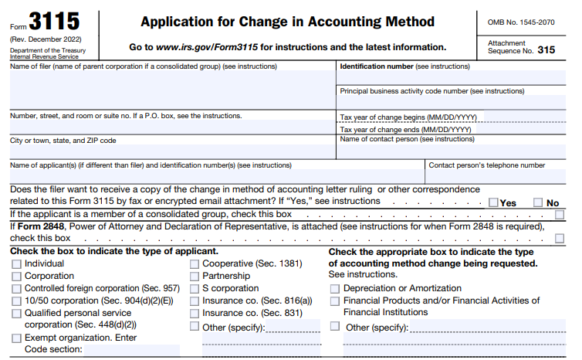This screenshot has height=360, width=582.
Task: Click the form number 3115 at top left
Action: point(54,21)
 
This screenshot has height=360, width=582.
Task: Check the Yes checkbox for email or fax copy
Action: point(494,202)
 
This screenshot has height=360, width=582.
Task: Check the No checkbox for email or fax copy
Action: point(538,202)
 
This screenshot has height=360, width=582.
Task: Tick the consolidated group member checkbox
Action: point(560,214)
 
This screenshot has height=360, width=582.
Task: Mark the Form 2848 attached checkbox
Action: point(560,238)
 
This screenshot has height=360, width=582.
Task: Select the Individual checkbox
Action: point(16,263)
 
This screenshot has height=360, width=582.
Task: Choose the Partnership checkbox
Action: point(194,276)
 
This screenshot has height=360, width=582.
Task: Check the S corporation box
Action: point(194,288)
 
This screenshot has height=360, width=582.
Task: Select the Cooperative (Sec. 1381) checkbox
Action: point(194,263)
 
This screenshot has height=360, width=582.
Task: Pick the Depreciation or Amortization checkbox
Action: point(334,288)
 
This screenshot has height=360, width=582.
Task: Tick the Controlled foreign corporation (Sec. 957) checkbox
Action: point(16,288)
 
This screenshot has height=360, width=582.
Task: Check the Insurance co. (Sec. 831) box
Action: point(194,313)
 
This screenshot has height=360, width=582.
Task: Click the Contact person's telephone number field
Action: point(502,176)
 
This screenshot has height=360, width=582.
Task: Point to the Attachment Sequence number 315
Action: point(546,50)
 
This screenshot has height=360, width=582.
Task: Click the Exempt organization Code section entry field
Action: point(131,350)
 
